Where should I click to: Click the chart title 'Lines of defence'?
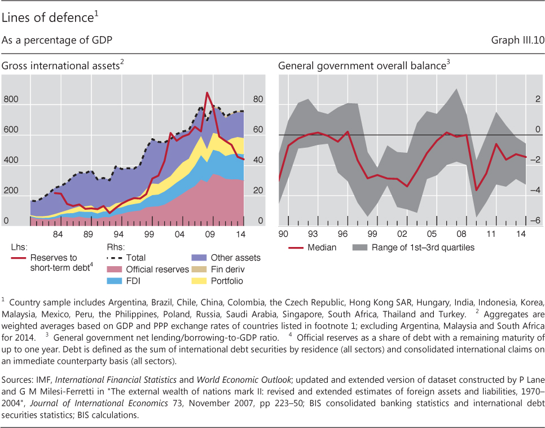point(47,18)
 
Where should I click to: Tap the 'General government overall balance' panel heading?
point(361,66)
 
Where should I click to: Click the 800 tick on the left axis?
point(11,100)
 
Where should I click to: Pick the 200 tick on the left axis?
point(11,191)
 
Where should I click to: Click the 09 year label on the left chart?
point(209,233)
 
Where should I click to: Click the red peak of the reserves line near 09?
point(207,93)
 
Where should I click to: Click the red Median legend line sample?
point(296,247)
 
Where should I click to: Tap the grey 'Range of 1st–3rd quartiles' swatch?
point(359,247)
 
